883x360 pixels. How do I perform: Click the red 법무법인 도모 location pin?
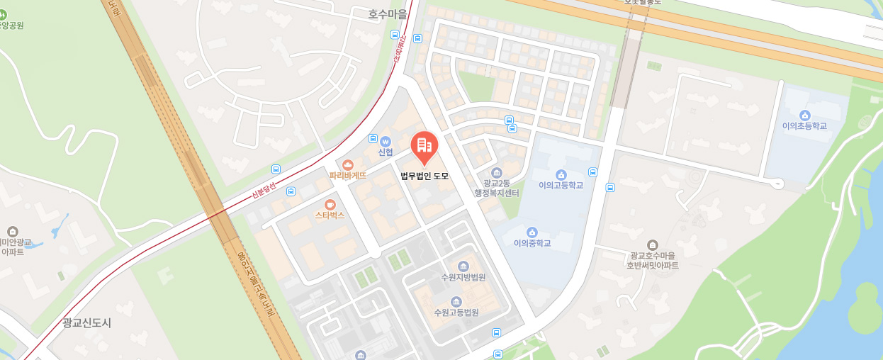[x=424, y=146]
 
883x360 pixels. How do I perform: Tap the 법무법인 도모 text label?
[x=424, y=176]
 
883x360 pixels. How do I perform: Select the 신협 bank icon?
[x=386, y=140]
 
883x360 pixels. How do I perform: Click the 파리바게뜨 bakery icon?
[x=347, y=164]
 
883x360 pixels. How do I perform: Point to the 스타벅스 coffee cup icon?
[x=330, y=204]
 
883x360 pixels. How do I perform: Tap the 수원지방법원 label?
[x=463, y=277]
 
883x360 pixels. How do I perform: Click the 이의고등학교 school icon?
[x=561, y=174]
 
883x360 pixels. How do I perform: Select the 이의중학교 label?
[x=532, y=243]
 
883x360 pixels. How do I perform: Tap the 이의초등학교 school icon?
[x=804, y=116]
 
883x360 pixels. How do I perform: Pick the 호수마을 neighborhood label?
[x=388, y=13]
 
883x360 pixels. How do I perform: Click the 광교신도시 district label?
[x=86, y=322]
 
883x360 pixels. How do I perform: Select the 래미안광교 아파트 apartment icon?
[x=12, y=231]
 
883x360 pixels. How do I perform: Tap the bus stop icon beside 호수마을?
[x=395, y=34]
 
